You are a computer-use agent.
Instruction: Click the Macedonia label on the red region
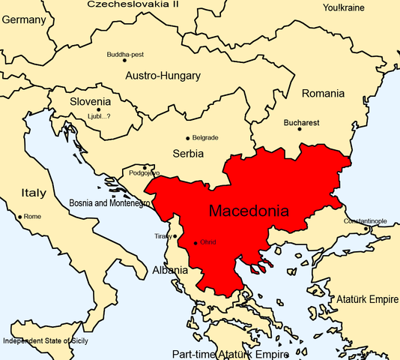[x=248, y=211]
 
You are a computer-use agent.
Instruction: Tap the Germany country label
[x=24, y=20]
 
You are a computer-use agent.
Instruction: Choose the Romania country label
[x=323, y=94]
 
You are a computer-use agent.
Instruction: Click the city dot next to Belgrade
[x=187, y=138]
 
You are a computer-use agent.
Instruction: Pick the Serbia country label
[x=188, y=154]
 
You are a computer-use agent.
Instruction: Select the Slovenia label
[x=91, y=102]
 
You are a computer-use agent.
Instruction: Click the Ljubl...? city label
[x=103, y=116]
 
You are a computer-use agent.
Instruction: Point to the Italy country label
[x=33, y=193]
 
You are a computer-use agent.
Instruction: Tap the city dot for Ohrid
[x=196, y=242]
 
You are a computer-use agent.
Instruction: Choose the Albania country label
[x=171, y=270]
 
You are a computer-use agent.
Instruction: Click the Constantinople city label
[x=365, y=221]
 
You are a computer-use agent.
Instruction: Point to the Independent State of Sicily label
[x=49, y=340]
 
